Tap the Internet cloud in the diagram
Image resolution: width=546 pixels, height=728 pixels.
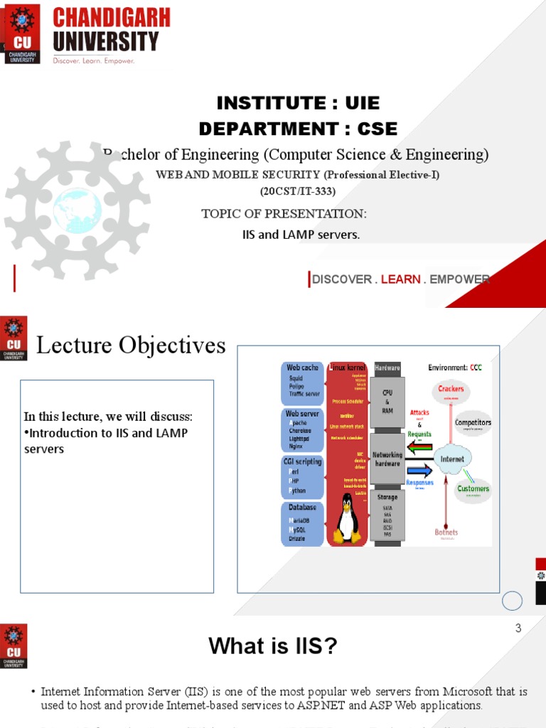(x=452, y=459)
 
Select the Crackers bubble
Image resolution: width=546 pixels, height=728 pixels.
(x=451, y=390)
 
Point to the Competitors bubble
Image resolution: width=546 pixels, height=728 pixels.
(x=473, y=423)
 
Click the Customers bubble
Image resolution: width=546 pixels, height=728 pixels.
(x=473, y=490)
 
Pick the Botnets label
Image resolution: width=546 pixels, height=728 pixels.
(x=446, y=532)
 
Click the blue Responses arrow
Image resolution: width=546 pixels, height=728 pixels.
(x=419, y=471)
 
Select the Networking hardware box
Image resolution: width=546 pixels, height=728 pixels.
(x=387, y=459)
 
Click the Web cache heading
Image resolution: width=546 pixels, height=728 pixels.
(x=303, y=368)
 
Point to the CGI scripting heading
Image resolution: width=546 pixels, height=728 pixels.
(x=303, y=461)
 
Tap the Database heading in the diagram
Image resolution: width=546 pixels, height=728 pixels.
(x=303, y=508)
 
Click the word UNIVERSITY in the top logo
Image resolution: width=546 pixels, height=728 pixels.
(x=105, y=41)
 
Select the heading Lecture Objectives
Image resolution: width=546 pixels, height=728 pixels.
(x=131, y=346)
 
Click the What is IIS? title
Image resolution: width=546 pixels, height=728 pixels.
(x=272, y=646)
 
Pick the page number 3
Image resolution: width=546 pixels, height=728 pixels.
(x=518, y=628)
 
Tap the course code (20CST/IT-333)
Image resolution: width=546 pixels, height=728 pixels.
(x=297, y=191)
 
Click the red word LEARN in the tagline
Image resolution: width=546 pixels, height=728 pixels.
(x=400, y=279)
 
